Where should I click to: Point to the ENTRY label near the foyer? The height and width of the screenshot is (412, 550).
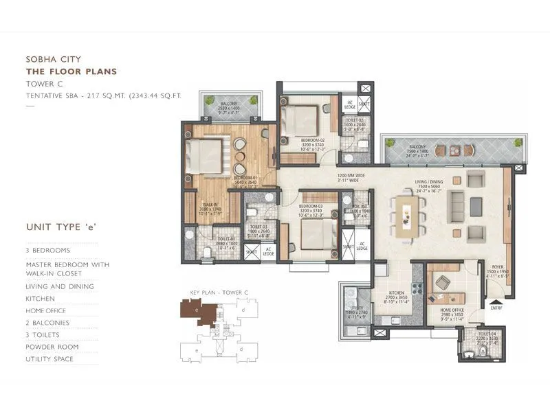[496, 308]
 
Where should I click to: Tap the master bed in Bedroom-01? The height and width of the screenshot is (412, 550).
[206, 156]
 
